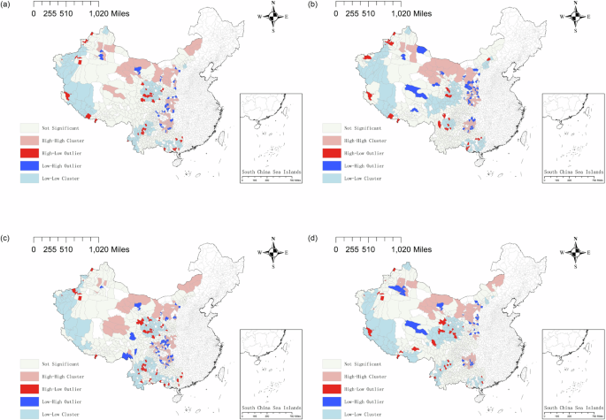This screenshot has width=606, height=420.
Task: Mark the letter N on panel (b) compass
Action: (576, 4)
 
